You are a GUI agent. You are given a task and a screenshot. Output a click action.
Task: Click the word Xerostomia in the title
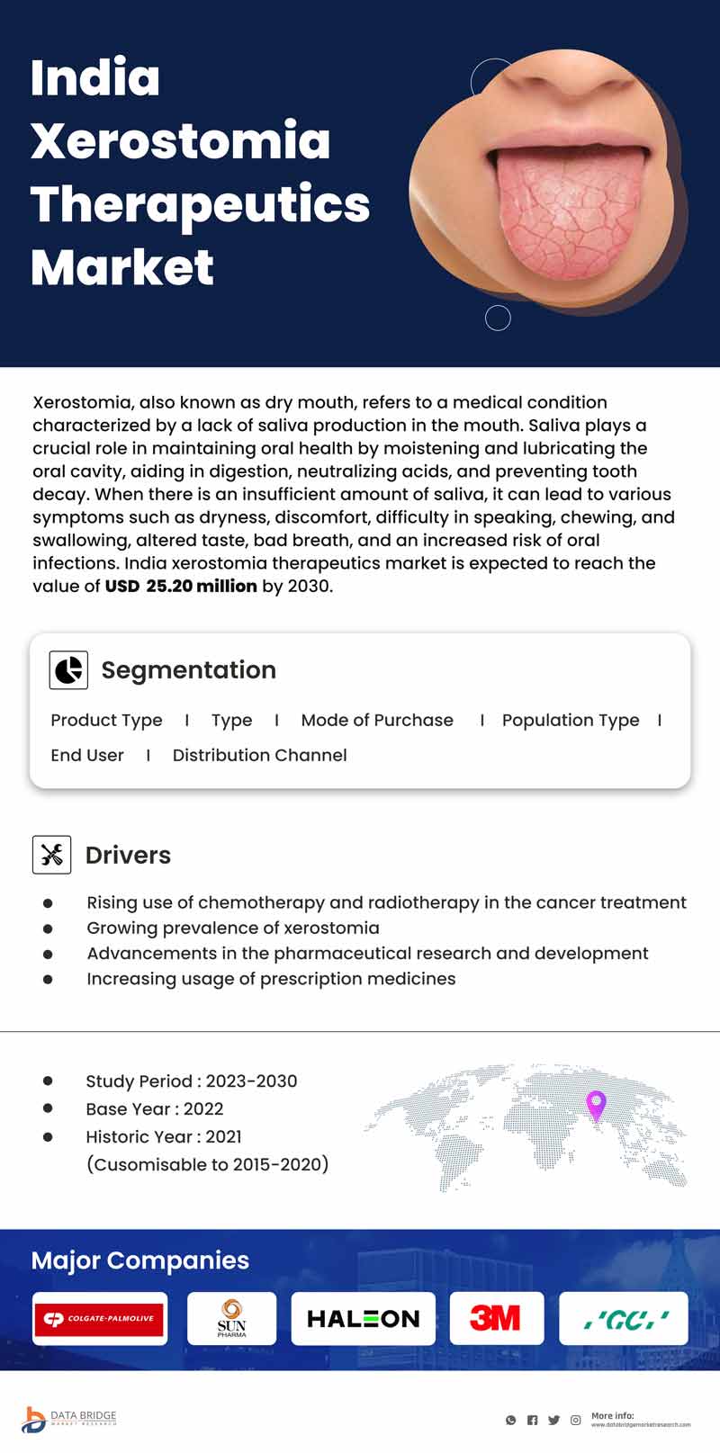coord(180,141)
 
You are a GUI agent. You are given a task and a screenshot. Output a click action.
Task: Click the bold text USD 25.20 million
coord(181,587)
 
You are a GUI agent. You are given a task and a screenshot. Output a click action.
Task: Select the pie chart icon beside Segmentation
coord(68,670)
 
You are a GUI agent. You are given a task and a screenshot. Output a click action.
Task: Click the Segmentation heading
coord(188,670)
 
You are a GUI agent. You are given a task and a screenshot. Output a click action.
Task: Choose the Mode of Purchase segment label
coord(377,721)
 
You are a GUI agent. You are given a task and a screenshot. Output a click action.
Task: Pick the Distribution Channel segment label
coord(259,756)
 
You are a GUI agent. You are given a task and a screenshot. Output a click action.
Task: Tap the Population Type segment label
coord(571,721)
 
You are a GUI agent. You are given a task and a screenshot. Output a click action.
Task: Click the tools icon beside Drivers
coord(51,855)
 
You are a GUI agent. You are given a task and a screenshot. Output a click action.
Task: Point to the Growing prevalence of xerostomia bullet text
coord(232,928)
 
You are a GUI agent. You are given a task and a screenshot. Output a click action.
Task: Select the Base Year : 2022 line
coord(154,1109)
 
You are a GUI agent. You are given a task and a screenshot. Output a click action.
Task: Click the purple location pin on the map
coord(596,1104)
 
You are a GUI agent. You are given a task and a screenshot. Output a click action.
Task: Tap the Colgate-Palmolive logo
coord(100,1318)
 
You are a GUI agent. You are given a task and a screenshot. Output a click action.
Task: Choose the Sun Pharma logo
coord(231,1318)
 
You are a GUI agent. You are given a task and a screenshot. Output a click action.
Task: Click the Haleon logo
coord(363,1319)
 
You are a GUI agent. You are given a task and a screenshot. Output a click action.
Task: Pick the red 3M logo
coord(496,1318)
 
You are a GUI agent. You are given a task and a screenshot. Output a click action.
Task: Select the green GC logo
coord(624,1319)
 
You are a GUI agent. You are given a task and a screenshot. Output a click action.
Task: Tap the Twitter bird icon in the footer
coord(553,1421)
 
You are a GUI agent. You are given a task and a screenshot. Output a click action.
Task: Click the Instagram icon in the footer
coord(575,1421)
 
